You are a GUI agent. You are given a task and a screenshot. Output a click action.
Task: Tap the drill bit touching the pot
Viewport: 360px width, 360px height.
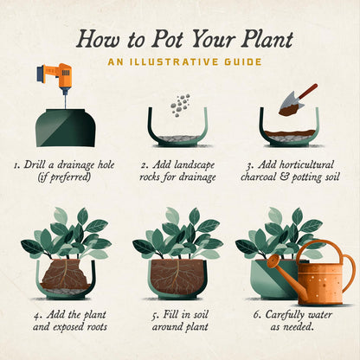click(x=65, y=99)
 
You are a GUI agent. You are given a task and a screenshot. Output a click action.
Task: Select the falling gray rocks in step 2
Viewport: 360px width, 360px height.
click(x=181, y=105)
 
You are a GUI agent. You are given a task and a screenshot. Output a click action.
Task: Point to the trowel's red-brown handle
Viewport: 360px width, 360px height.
click(x=307, y=91)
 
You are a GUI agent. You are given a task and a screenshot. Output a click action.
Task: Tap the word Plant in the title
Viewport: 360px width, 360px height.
click(x=267, y=39)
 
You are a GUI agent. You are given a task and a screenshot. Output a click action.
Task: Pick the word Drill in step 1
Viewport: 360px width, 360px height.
click(x=35, y=164)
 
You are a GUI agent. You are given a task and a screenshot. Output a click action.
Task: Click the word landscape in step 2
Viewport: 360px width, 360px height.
click(x=194, y=165)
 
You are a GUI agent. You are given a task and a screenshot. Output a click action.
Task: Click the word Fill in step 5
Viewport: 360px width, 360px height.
click(x=171, y=314)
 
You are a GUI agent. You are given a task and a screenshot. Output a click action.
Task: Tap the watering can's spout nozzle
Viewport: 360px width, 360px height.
click(x=273, y=261)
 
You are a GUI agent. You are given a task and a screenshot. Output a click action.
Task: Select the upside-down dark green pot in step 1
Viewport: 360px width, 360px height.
click(x=66, y=127)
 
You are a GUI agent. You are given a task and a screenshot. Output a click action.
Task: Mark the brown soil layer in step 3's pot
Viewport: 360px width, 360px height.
click(x=290, y=133)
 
